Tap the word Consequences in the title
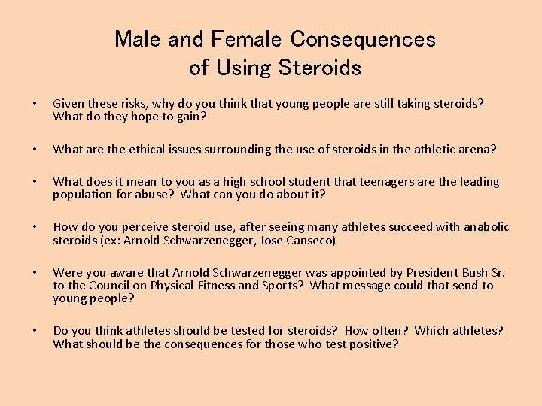coord(363,39)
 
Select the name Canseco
coord(309,241)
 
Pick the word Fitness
coord(216,286)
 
